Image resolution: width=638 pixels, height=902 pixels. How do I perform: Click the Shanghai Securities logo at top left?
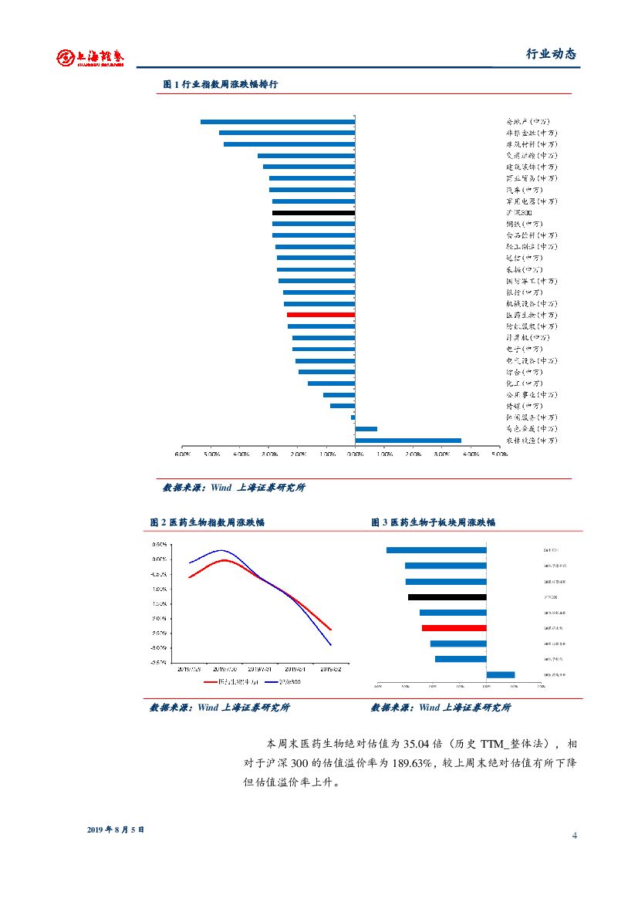click(90, 57)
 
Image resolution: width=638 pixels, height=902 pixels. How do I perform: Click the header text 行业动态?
click(551, 54)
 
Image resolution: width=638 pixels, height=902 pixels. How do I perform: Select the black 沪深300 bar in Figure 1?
click(313, 212)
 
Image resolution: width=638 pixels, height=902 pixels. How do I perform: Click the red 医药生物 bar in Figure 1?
click(320, 315)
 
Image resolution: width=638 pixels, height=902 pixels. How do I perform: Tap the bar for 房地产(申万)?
click(278, 121)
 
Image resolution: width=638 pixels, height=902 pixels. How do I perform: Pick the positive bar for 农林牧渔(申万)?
click(408, 441)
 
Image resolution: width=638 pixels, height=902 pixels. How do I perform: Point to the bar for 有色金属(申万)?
click(366, 429)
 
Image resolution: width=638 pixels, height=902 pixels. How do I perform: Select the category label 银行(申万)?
click(524, 292)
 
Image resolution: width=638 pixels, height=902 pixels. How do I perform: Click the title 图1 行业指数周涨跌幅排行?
click(221, 84)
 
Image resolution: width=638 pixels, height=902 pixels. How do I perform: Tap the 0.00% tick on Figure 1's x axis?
click(355, 454)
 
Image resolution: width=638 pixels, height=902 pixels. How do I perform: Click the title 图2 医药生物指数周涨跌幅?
click(207, 522)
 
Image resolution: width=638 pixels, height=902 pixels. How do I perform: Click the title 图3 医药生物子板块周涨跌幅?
click(433, 522)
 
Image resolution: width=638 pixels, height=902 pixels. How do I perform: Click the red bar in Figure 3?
click(454, 628)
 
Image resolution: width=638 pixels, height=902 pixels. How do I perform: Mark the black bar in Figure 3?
click(447, 596)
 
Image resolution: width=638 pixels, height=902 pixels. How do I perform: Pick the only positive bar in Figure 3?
click(501, 674)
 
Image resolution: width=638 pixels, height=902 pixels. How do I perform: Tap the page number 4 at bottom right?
click(574, 836)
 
